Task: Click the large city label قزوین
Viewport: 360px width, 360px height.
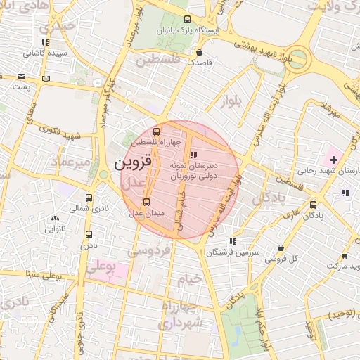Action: [x=133, y=165]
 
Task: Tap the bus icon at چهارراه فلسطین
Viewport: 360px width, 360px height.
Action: [x=156, y=131]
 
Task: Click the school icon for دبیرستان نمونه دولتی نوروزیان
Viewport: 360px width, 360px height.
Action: [x=194, y=154]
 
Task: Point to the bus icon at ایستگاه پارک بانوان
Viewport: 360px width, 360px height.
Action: [x=186, y=20]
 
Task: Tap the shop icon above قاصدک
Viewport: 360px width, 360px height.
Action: [x=200, y=52]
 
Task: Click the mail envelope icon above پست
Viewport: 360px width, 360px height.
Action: [x=22, y=77]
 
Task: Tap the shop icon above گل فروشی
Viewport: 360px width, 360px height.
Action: [x=281, y=247]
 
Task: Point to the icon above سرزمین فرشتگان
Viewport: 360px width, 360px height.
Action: [x=233, y=241]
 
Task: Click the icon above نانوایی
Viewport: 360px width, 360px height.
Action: [x=56, y=219]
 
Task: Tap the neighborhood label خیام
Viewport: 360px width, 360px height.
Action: [x=189, y=278]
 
